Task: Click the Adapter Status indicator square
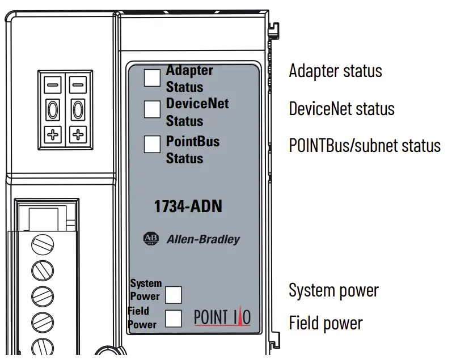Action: (152, 78)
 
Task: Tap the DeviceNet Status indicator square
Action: (152, 109)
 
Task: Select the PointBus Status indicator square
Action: (152, 145)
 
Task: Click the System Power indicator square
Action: (173, 295)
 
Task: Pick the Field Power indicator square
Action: (173, 319)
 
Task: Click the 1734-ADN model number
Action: (188, 207)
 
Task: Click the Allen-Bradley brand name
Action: (203, 239)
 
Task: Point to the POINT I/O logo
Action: (222, 316)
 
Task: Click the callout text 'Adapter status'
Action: (335, 71)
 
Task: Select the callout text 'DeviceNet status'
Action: (341, 108)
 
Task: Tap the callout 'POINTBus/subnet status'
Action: (364, 145)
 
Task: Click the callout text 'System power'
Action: (333, 291)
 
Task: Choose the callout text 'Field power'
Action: (326, 324)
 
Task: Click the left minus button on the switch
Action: (53, 84)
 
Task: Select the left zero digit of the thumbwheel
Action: (53, 109)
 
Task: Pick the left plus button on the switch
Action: (53, 135)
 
